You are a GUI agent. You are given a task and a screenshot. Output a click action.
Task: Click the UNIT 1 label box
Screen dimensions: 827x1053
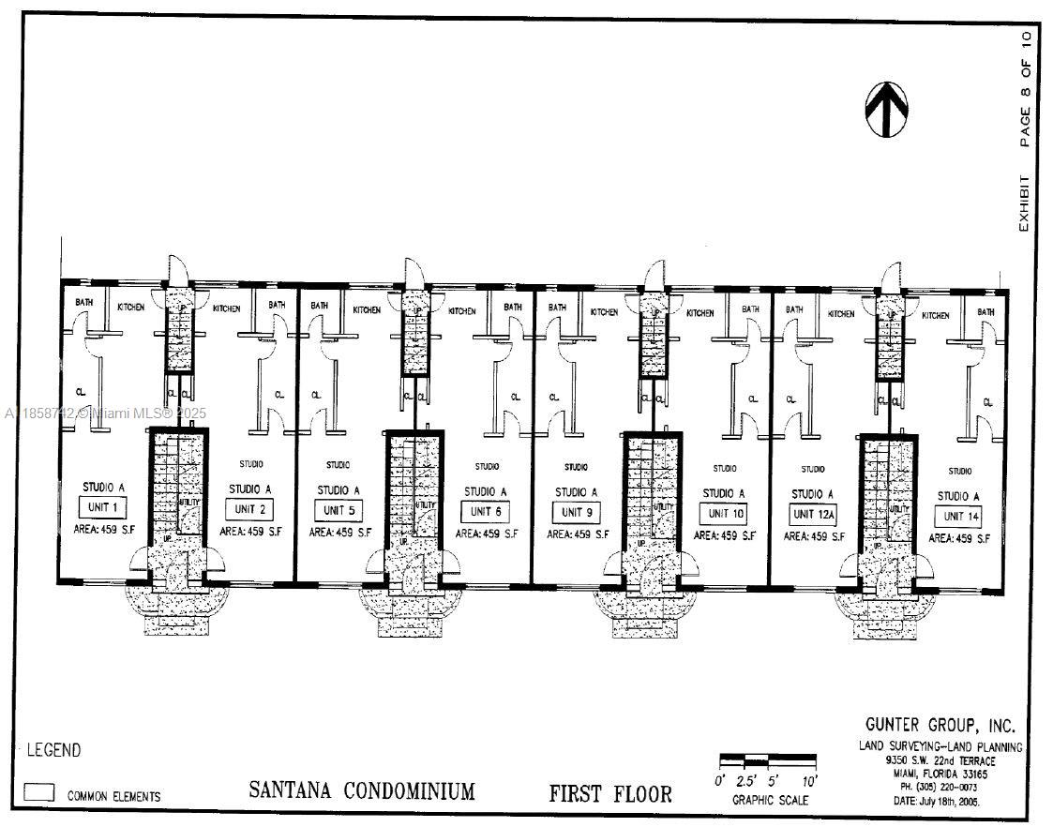(x=101, y=508)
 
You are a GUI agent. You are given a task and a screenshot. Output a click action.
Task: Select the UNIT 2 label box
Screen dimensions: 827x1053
(x=248, y=509)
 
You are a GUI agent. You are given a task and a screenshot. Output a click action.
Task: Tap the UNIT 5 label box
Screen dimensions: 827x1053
(x=338, y=511)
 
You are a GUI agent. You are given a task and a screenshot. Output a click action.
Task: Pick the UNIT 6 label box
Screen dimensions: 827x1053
(x=485, y=512)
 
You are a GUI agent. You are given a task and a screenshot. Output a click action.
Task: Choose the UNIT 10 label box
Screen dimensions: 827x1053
(x=724, y=514)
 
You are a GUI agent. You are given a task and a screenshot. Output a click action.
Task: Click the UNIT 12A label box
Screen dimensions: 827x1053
(x=813, y=515)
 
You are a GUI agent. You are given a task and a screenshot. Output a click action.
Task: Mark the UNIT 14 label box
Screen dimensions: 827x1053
(x=958, y=517)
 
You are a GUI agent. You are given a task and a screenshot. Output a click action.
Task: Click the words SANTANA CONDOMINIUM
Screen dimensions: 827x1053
(x=362, y=790)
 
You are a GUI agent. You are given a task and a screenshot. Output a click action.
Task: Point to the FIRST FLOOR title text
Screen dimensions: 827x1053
(x=610, y=794)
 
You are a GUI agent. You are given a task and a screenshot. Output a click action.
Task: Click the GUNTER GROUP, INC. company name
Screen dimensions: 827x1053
(x=940, y=727)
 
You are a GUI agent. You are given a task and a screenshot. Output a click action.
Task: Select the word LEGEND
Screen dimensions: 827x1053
(x=53, y=750)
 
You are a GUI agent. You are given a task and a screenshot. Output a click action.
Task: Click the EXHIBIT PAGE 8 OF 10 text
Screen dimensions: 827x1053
(x=1026, y=131)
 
